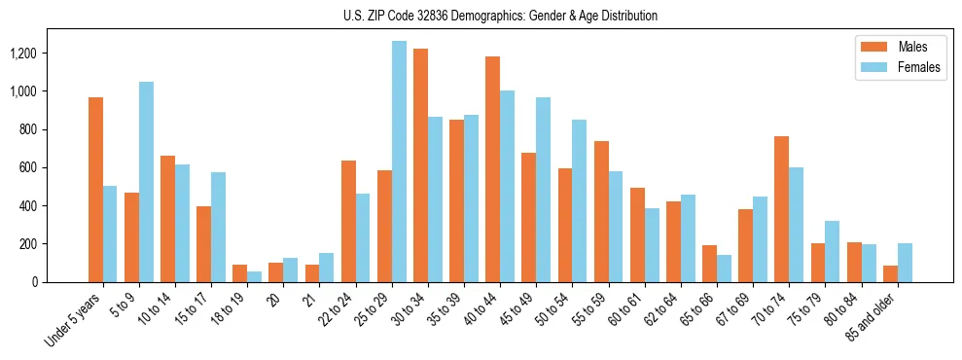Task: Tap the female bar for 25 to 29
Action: (399, 162)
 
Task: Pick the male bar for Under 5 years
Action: (95, 190)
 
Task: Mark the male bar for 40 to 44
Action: (492, 169)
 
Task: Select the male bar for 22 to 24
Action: (348, 221)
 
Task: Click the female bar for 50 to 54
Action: (579, 200)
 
